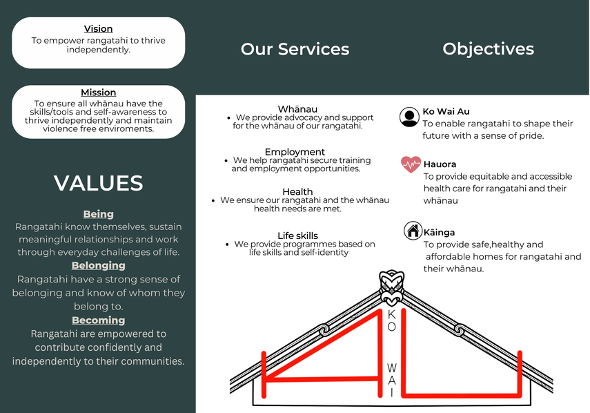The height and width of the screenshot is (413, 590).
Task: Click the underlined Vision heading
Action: coord(99,29)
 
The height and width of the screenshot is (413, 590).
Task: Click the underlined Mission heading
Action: coord(99,93)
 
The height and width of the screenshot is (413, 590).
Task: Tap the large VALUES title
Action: coord(99,183)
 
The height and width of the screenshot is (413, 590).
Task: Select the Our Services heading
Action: coord(295,49)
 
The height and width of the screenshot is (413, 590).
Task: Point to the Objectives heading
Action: coord(488,49)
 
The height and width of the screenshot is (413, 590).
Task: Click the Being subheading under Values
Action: coord(99,214)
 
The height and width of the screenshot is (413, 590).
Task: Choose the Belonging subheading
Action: coord(99,265)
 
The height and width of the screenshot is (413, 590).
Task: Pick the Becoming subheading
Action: coord(99,320)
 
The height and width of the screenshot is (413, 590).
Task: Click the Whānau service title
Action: coord(297,109)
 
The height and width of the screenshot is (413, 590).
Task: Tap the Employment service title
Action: coord(295,152)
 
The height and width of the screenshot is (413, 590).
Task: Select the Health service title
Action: coord(297,191)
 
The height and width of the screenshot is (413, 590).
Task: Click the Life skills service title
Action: coord(297,236)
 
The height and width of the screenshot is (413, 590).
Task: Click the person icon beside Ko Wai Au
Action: coord(409,117)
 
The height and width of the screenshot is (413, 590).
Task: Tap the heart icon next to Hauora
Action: coord(411,164)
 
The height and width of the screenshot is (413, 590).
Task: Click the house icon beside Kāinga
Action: coord(413,231)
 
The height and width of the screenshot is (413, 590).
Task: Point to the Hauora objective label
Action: coord(440,164)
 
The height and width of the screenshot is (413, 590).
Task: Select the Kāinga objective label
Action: coord(439,233)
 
